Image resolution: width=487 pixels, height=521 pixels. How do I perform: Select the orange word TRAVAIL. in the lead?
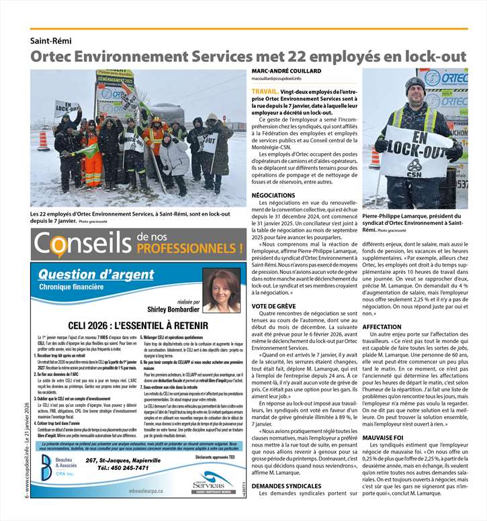(265, 90)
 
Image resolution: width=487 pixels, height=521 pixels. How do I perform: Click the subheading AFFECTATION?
(382, 326)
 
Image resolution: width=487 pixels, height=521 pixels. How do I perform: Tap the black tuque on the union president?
(416, 83)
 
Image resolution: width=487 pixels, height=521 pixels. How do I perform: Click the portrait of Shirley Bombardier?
(222, 291)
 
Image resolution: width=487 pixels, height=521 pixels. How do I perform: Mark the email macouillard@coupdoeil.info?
(281, 79)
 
